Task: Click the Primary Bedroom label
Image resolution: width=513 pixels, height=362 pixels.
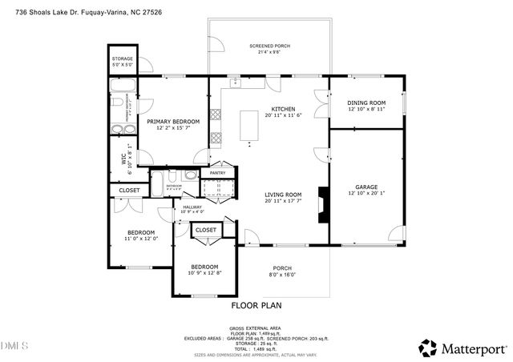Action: tap(172, 121)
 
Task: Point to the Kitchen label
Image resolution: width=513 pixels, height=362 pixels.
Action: tap(283, 109)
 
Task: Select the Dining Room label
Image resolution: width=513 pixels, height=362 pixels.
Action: tap(366, 103)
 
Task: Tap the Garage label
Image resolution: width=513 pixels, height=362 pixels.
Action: tap(366, 187)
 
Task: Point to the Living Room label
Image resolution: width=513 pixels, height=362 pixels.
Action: tap(283, 194)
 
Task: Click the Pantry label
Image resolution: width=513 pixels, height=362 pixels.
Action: tap(217, 173)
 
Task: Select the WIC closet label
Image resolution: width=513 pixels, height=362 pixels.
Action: tap(124, 159)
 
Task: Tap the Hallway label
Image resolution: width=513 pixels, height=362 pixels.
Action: tap(192, 207)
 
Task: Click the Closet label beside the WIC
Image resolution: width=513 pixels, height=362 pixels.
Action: tap(129, 191)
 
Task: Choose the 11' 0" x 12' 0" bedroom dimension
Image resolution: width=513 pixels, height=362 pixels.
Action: tap(141, 238)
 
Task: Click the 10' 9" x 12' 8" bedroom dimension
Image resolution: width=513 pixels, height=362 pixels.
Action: tap(204, 273)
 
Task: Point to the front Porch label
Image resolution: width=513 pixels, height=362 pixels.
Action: tap(282, 268)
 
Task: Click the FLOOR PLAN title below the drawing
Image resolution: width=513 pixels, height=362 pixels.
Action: tap(256, 305)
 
